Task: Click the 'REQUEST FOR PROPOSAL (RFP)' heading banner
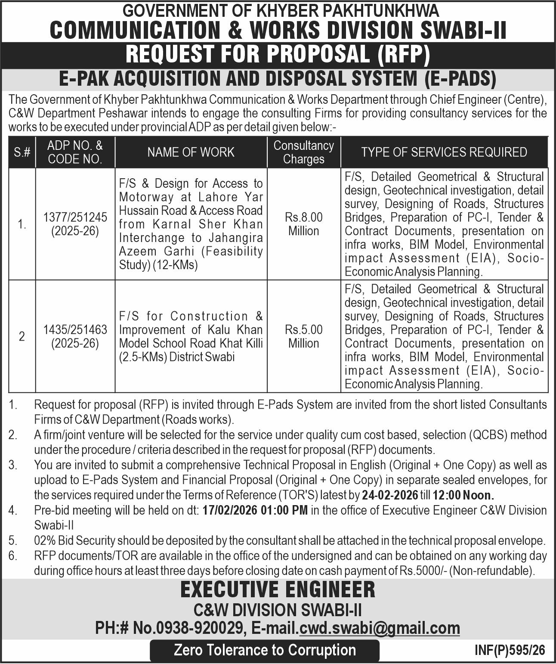point(278,54)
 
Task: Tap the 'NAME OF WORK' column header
point(191,152)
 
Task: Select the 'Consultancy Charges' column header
point(303,152)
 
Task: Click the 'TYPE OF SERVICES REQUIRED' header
point(444,152)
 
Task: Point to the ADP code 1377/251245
point(75,218)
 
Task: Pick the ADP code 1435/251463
point(75,330)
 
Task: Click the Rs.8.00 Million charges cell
point(303,224)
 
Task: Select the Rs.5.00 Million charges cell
point(303,336)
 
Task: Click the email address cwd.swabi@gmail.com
point(380,628)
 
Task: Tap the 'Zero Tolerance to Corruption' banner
point(265,650)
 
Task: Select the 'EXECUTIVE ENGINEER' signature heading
point(278,590)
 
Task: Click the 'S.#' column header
point(22,152)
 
